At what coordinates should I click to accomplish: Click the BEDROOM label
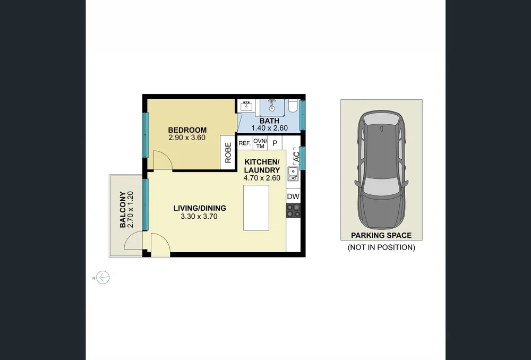pyautogui.click(x=187, y=130)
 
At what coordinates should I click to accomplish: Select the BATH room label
pyautogui.click(x=269, y=121)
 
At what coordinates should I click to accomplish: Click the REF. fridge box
pyautogui.click(x=244, y=143)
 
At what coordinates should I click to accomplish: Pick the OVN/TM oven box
pyautogui.click(x=260, y=143)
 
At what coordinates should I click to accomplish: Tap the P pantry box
pyautogui.click(x=275, y=143)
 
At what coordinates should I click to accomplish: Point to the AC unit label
pyautogui.click(x=296, y=157)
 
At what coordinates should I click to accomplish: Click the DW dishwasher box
pyautogui.click(x=293, y=197)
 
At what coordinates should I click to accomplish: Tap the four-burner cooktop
pyautogui.click(x=293, y=211)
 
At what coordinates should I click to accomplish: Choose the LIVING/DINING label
pyautogui.click(x=200, y=208)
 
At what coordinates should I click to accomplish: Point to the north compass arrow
pyautogui.click(x=102, y=277)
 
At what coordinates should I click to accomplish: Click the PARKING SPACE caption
pyautogui.click(x=381, y=235)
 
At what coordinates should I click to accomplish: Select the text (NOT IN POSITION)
pyautogui.click(x=381, y=247)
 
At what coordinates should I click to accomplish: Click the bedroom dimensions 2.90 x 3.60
pyautogui.click(x=187, y=138)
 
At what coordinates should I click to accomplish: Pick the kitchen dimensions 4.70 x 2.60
pyautogui.click(x=262, y=178)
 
